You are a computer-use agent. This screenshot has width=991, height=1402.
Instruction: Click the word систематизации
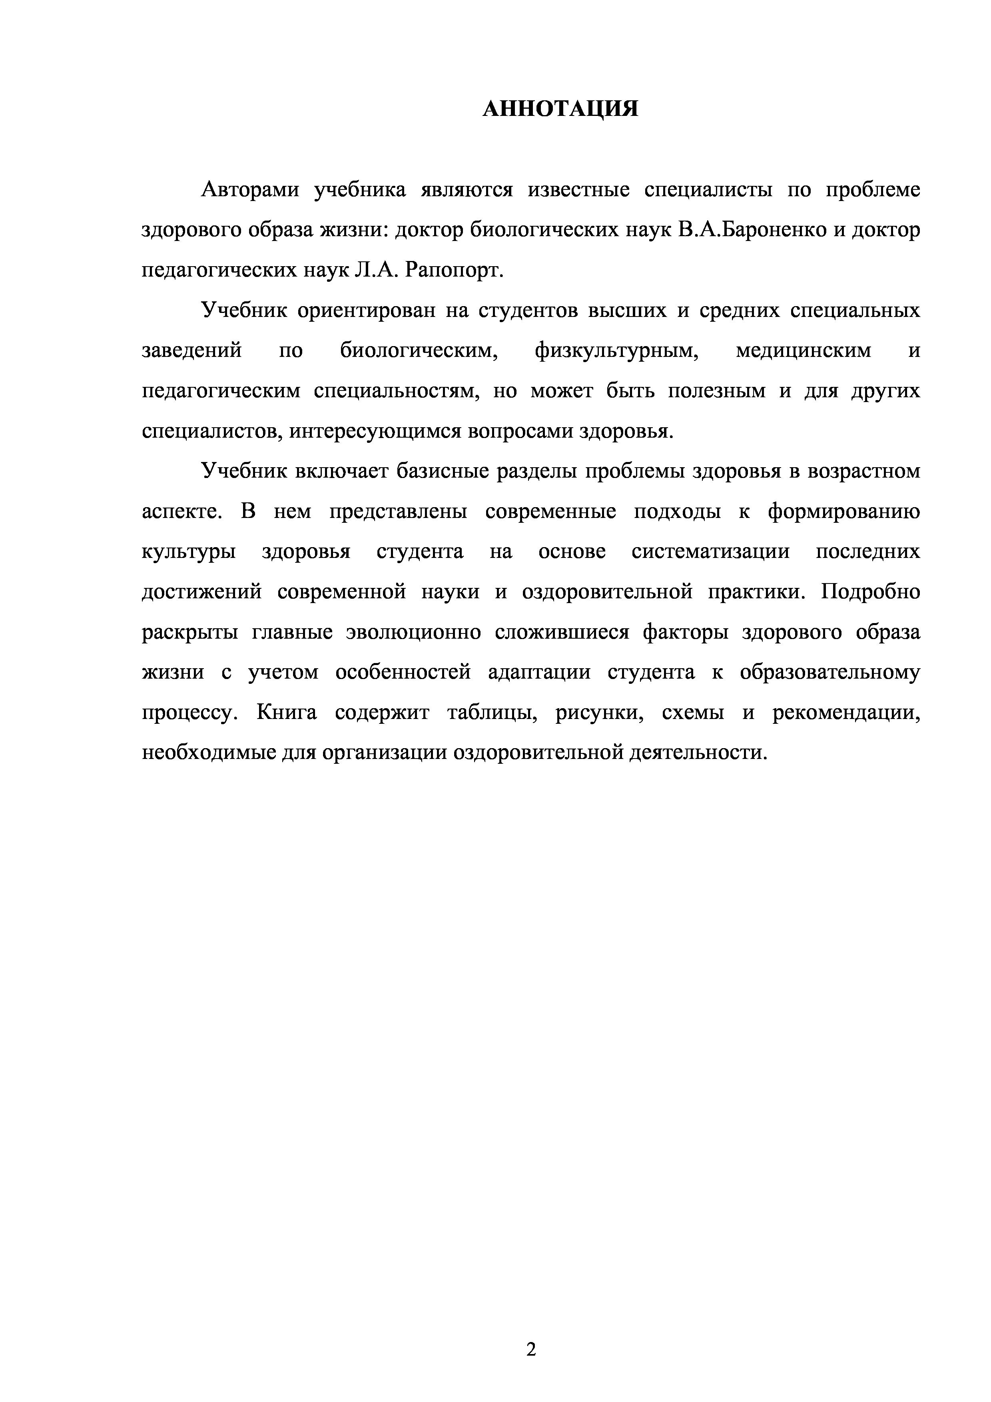pyautogui.click(x=711, y=552)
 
